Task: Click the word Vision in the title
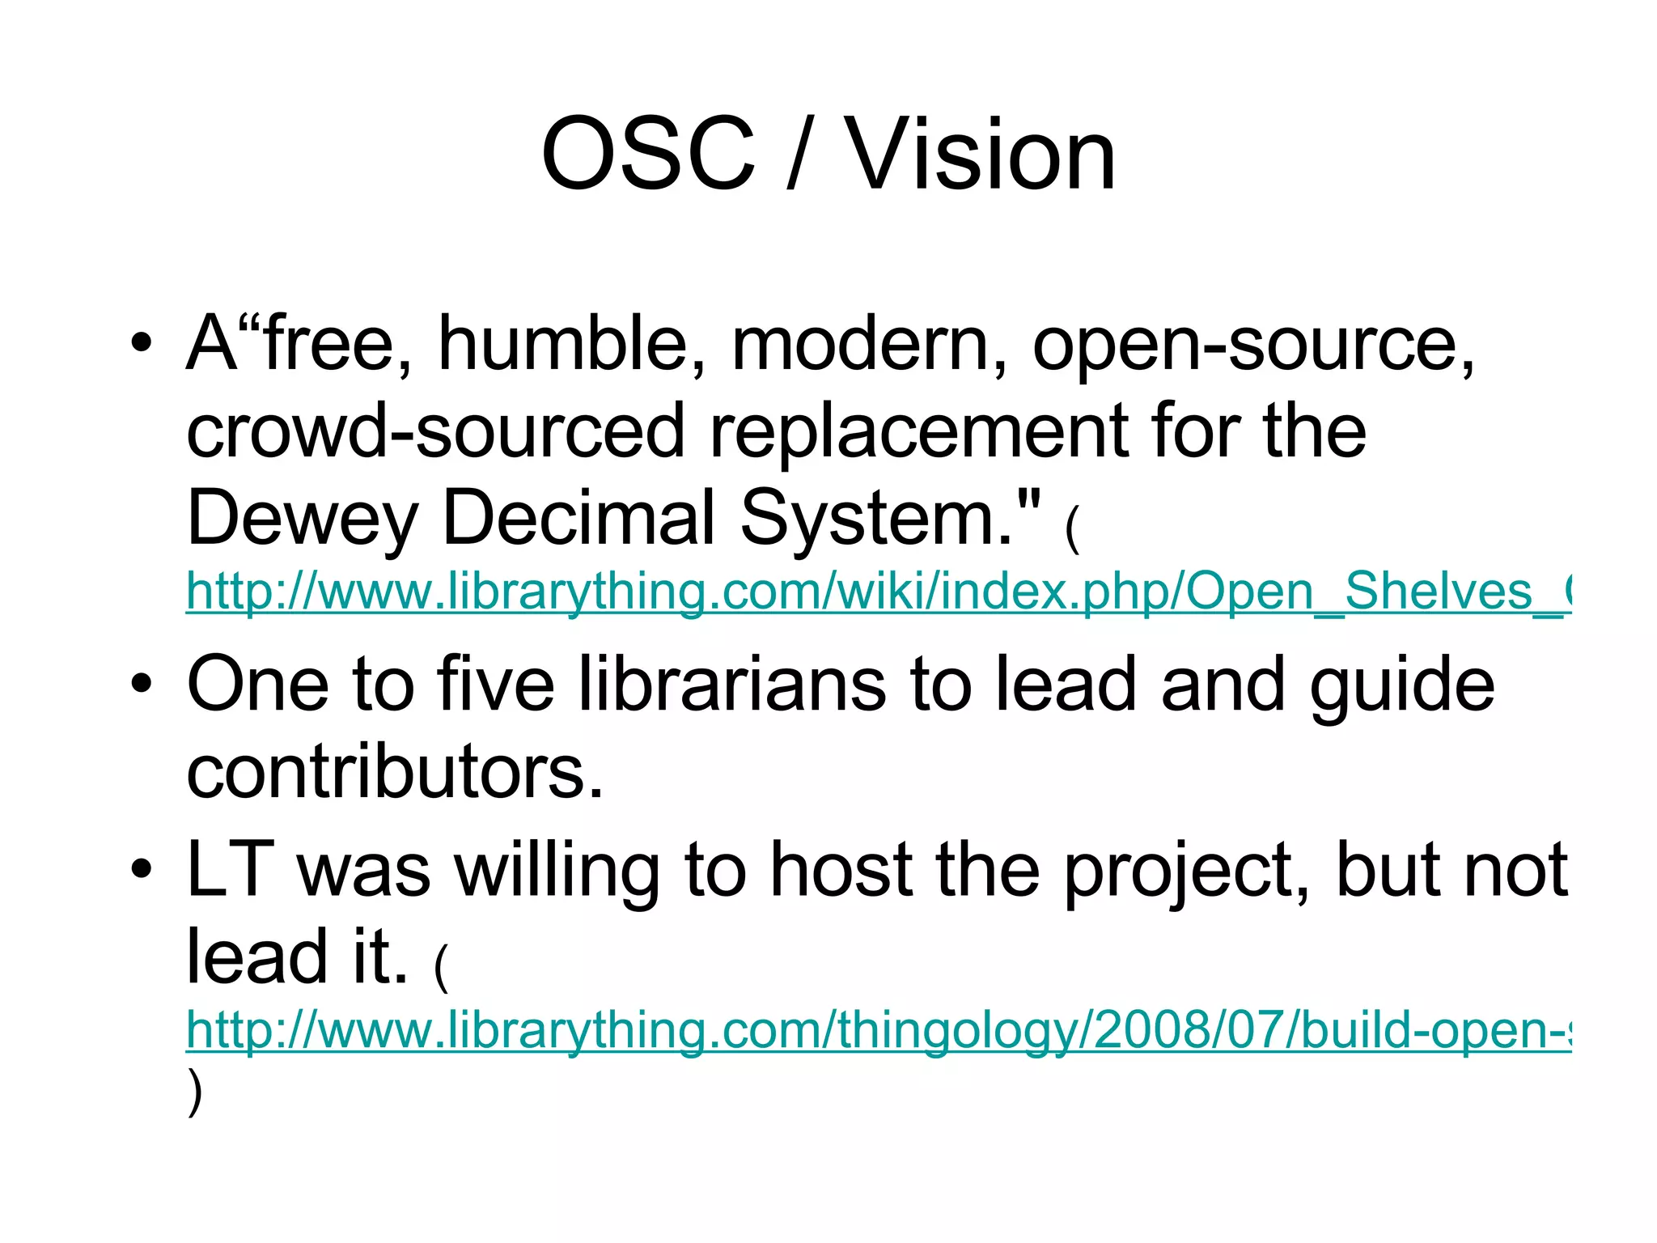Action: click(980, 155)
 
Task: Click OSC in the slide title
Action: click(647, 155)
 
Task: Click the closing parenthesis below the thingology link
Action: click(194, 1092)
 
